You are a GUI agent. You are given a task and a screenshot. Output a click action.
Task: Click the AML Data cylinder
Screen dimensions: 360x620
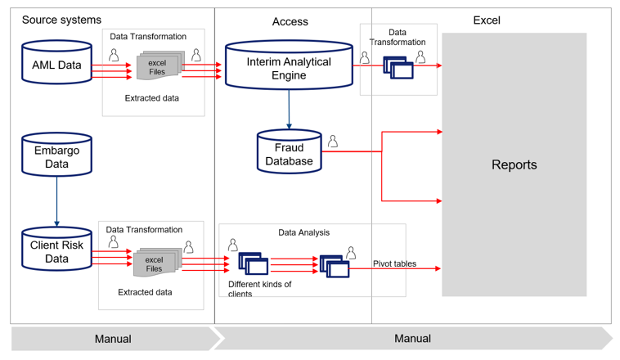(x=56, y=65)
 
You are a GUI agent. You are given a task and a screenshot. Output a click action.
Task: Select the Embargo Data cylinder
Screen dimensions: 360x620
(x=56, y=156)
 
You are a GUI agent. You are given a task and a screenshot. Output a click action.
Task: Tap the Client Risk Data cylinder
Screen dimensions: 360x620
(x=56, y=251)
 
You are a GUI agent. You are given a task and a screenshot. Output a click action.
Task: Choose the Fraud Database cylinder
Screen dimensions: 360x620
(x=289, y=153)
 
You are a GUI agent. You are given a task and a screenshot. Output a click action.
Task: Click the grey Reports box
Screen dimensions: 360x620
(x=514, y=164)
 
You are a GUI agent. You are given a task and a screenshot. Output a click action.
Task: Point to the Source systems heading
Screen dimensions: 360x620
(x=61, y=20)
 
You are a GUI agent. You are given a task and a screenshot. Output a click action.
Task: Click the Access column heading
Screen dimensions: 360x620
(x=290, y=22)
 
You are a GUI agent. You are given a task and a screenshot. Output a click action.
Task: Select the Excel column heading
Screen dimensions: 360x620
(x=487, y=20)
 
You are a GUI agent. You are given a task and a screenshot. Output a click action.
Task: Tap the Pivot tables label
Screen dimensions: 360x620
(x=394, y=263)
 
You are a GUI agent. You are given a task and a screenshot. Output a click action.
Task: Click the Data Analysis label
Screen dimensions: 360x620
(x=303, y=232)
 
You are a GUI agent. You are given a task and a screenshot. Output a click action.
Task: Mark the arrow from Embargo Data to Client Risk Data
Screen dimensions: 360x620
(x=56, y=201)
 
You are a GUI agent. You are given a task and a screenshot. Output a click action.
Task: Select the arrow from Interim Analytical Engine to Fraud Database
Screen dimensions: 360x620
(x=289, y=109)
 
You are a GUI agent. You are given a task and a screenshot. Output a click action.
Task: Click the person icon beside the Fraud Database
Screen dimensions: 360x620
(x=333, y=142)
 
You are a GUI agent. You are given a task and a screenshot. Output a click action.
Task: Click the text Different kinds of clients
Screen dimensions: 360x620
(x=260, y=289)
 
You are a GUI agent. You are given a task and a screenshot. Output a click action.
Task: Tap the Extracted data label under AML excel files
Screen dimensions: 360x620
(x=152, y=98)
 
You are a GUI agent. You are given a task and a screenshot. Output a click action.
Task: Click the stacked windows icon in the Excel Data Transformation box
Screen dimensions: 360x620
(x=399, y=68)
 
